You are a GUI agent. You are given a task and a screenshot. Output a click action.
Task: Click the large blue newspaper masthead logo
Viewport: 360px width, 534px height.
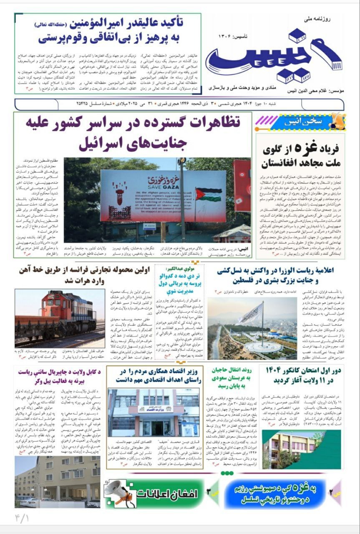[x=273, y=58]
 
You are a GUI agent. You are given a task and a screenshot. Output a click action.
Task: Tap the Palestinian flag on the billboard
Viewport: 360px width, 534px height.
[x=209, y=194]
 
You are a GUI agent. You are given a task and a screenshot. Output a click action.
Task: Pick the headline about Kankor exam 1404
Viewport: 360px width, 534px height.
[x=300, y=375]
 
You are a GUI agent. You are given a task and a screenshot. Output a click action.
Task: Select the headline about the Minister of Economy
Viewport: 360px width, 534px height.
[x=154, y=375]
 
